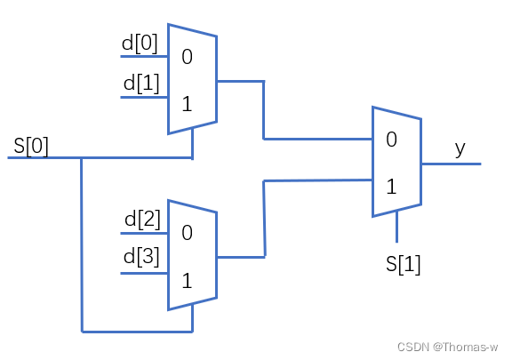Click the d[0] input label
[140, 43]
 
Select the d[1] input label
[140, 83]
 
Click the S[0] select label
[31, 145]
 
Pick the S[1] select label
[403, 264]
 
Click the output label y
[460, 148]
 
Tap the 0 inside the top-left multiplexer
[187, 58]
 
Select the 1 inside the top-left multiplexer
[187, 102]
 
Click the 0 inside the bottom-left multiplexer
[187, 234]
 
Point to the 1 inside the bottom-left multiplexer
[187, 281]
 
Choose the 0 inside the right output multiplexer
[392, 140]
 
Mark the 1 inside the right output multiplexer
[392, 188]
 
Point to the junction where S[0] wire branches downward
[81, 158]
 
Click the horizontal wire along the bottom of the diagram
[133, 332]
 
